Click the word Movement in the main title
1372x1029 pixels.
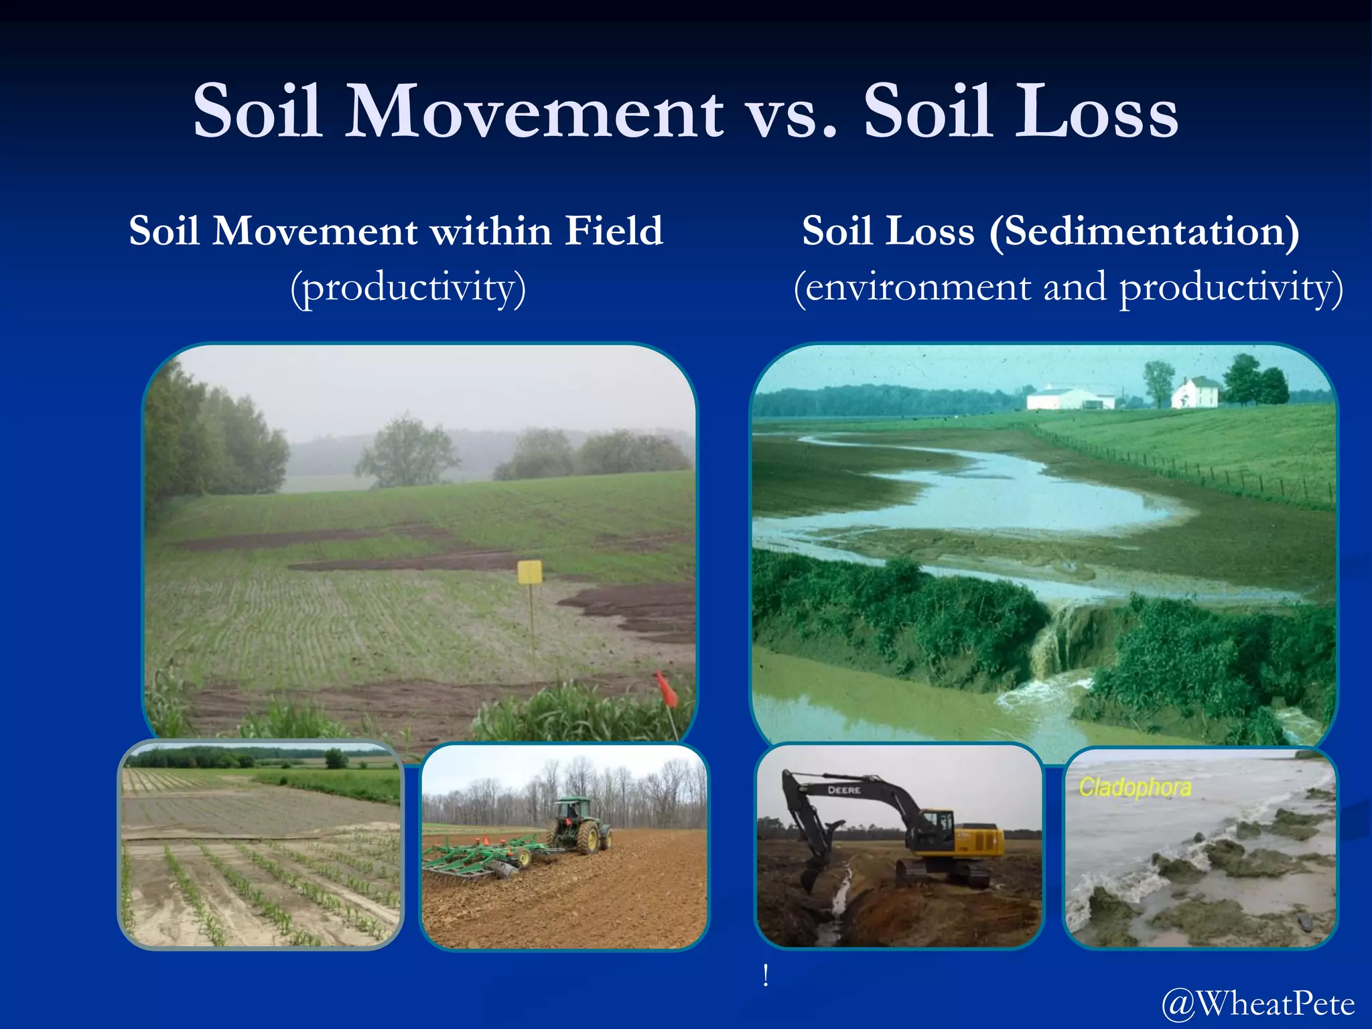[534, 111]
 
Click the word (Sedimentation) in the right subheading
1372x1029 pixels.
[1144, 232]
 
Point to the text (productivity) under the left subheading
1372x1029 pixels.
[408, 288]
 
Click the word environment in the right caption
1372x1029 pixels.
[918, 288]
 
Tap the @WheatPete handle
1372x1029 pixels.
[1257, 1004]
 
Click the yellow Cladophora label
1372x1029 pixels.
[1135, 787]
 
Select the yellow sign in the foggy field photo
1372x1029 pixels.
[529, 571]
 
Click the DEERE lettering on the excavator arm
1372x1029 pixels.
[843, 791]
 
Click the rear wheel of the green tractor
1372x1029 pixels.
[588, 837]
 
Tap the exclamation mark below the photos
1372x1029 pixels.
[765, 975]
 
